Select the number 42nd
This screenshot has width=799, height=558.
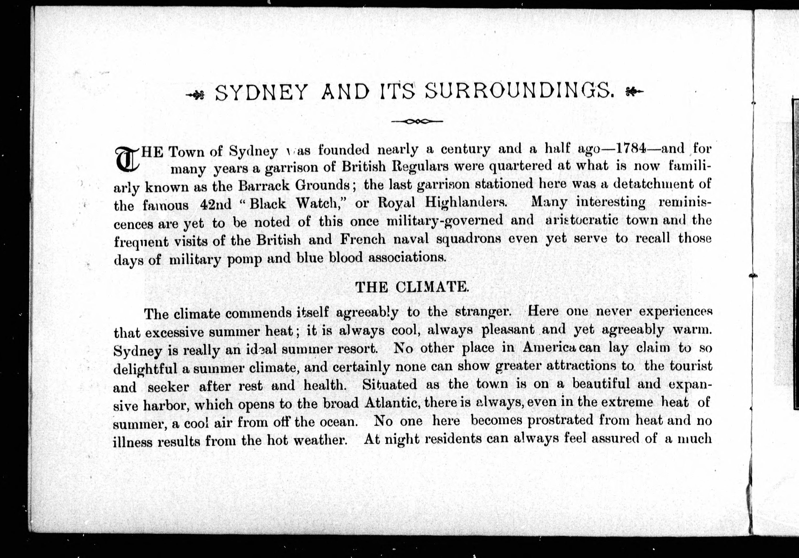(216, 204)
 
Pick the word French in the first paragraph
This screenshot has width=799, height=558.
(363, 239)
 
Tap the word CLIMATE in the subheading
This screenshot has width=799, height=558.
(432, 287)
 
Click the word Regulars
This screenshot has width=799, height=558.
(420, 167)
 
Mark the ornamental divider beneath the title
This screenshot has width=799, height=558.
(417, 121)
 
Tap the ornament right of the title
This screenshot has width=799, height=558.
(634, 92)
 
